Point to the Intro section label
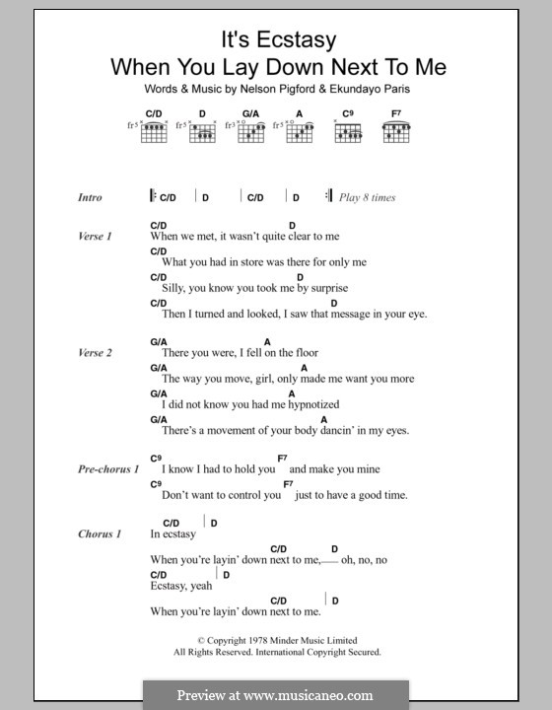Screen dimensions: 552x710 tap(90, 197)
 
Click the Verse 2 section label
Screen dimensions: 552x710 tap(95, 353)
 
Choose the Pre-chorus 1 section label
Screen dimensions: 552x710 tap(108, 469)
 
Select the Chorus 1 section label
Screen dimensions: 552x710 tap(99, 534)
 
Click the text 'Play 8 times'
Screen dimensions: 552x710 tap(367, 197)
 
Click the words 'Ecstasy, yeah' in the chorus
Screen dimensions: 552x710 tap(180, 586)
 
